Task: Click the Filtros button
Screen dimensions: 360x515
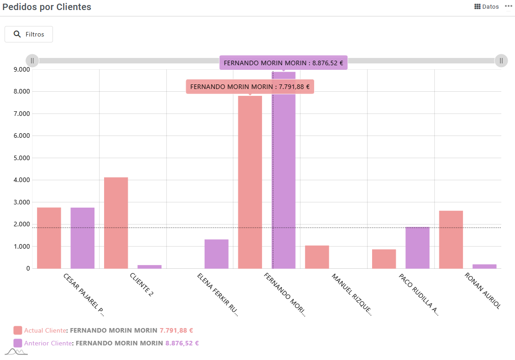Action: [29, 34]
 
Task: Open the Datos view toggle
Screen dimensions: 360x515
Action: [487, 7]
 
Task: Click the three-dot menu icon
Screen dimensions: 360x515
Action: [508, 6]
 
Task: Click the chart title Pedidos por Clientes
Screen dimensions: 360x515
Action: [47, 7]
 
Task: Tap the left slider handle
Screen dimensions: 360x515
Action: [32, 61]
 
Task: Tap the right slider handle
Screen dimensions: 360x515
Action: [501, 61]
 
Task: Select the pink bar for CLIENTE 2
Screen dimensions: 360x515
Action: [116, 223]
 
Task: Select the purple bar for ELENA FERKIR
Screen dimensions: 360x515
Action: [216, 254]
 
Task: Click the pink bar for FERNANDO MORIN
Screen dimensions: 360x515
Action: [250, 182]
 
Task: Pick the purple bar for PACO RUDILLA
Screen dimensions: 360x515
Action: [417, 248]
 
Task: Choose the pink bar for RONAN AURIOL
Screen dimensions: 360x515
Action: [451, 240]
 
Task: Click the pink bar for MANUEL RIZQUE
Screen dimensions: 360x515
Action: [317, 257]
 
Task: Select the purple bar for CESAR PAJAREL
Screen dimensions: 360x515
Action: [83, 238]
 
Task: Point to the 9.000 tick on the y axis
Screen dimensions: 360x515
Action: [21, 69]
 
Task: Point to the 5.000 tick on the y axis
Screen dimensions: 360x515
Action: [21, 158]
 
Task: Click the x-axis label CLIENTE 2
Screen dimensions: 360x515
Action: [142, 285]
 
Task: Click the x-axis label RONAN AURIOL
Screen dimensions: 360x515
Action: [482, 291]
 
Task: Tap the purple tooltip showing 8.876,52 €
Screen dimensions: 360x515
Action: [284, 63]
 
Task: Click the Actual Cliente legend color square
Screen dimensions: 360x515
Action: [18, 330]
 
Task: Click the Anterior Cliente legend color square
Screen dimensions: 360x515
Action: [18, 343]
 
